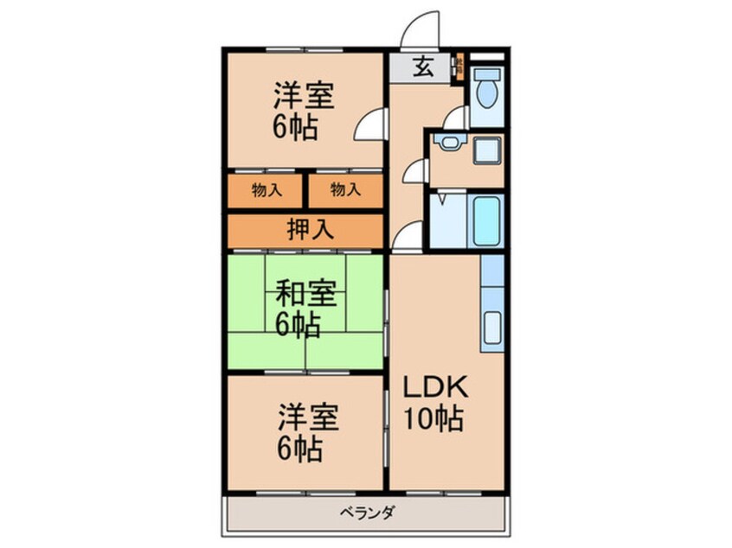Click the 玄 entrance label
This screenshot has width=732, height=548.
pyautogui.click(x=422, y=66)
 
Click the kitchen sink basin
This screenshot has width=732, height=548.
pyautogui.click(x=492, y=328)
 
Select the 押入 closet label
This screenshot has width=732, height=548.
pyautogui.click(x=305, y=230)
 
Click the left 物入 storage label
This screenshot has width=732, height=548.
pyautogui.click(x=266, y=190)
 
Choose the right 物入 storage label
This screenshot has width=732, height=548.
pyautogui.click(x=345, y=190)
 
